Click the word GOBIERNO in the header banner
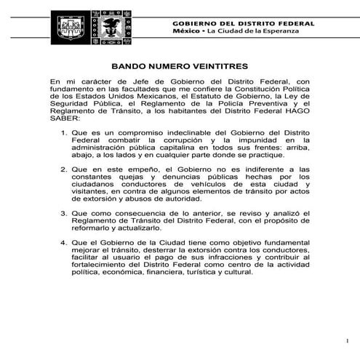(x=196, y=24)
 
